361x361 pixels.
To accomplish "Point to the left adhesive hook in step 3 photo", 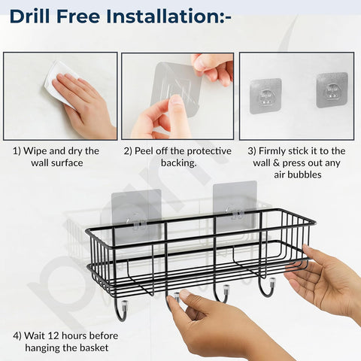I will coord(265,96).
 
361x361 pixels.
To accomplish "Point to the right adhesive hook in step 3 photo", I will coord(332,89).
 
